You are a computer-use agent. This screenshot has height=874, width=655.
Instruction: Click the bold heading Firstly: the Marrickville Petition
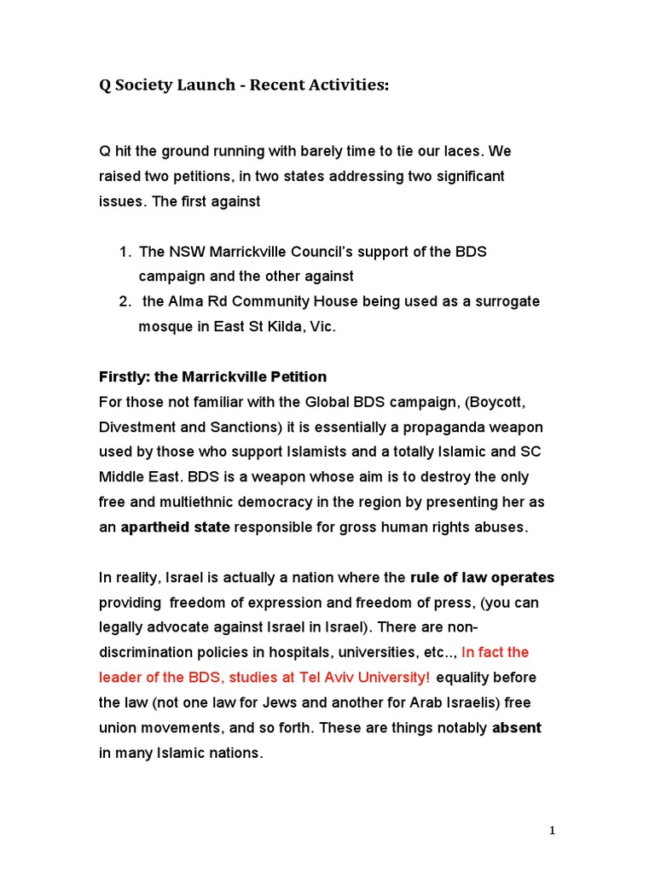213,376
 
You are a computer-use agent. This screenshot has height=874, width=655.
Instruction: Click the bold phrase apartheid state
175,527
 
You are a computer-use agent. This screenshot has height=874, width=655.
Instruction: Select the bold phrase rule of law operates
482,577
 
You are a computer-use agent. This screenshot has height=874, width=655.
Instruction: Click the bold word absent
517,727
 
